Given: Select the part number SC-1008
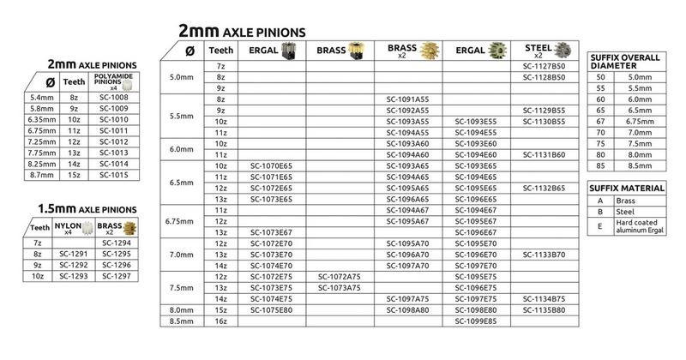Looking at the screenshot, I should pyautogui.click(x=113, y=98).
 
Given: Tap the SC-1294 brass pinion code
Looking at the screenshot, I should pyautogui.click(x=116, y=243).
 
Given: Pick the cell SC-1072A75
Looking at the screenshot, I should pyautogui.click(x=340, y=277).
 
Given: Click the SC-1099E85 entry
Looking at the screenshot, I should pyautogui.click(x=476, y=321).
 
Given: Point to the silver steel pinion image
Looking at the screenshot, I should pyautogui.click(x=563, y=50).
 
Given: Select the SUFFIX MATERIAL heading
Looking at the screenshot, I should pyautogui.click(x=628, y=188).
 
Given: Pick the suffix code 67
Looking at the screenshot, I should pyautogui.click(x=600, y=122).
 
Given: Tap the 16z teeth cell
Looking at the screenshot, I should pyautogui.click(x=221, y=321).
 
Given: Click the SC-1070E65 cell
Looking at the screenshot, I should pyautogui.click(x=271, y=165).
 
